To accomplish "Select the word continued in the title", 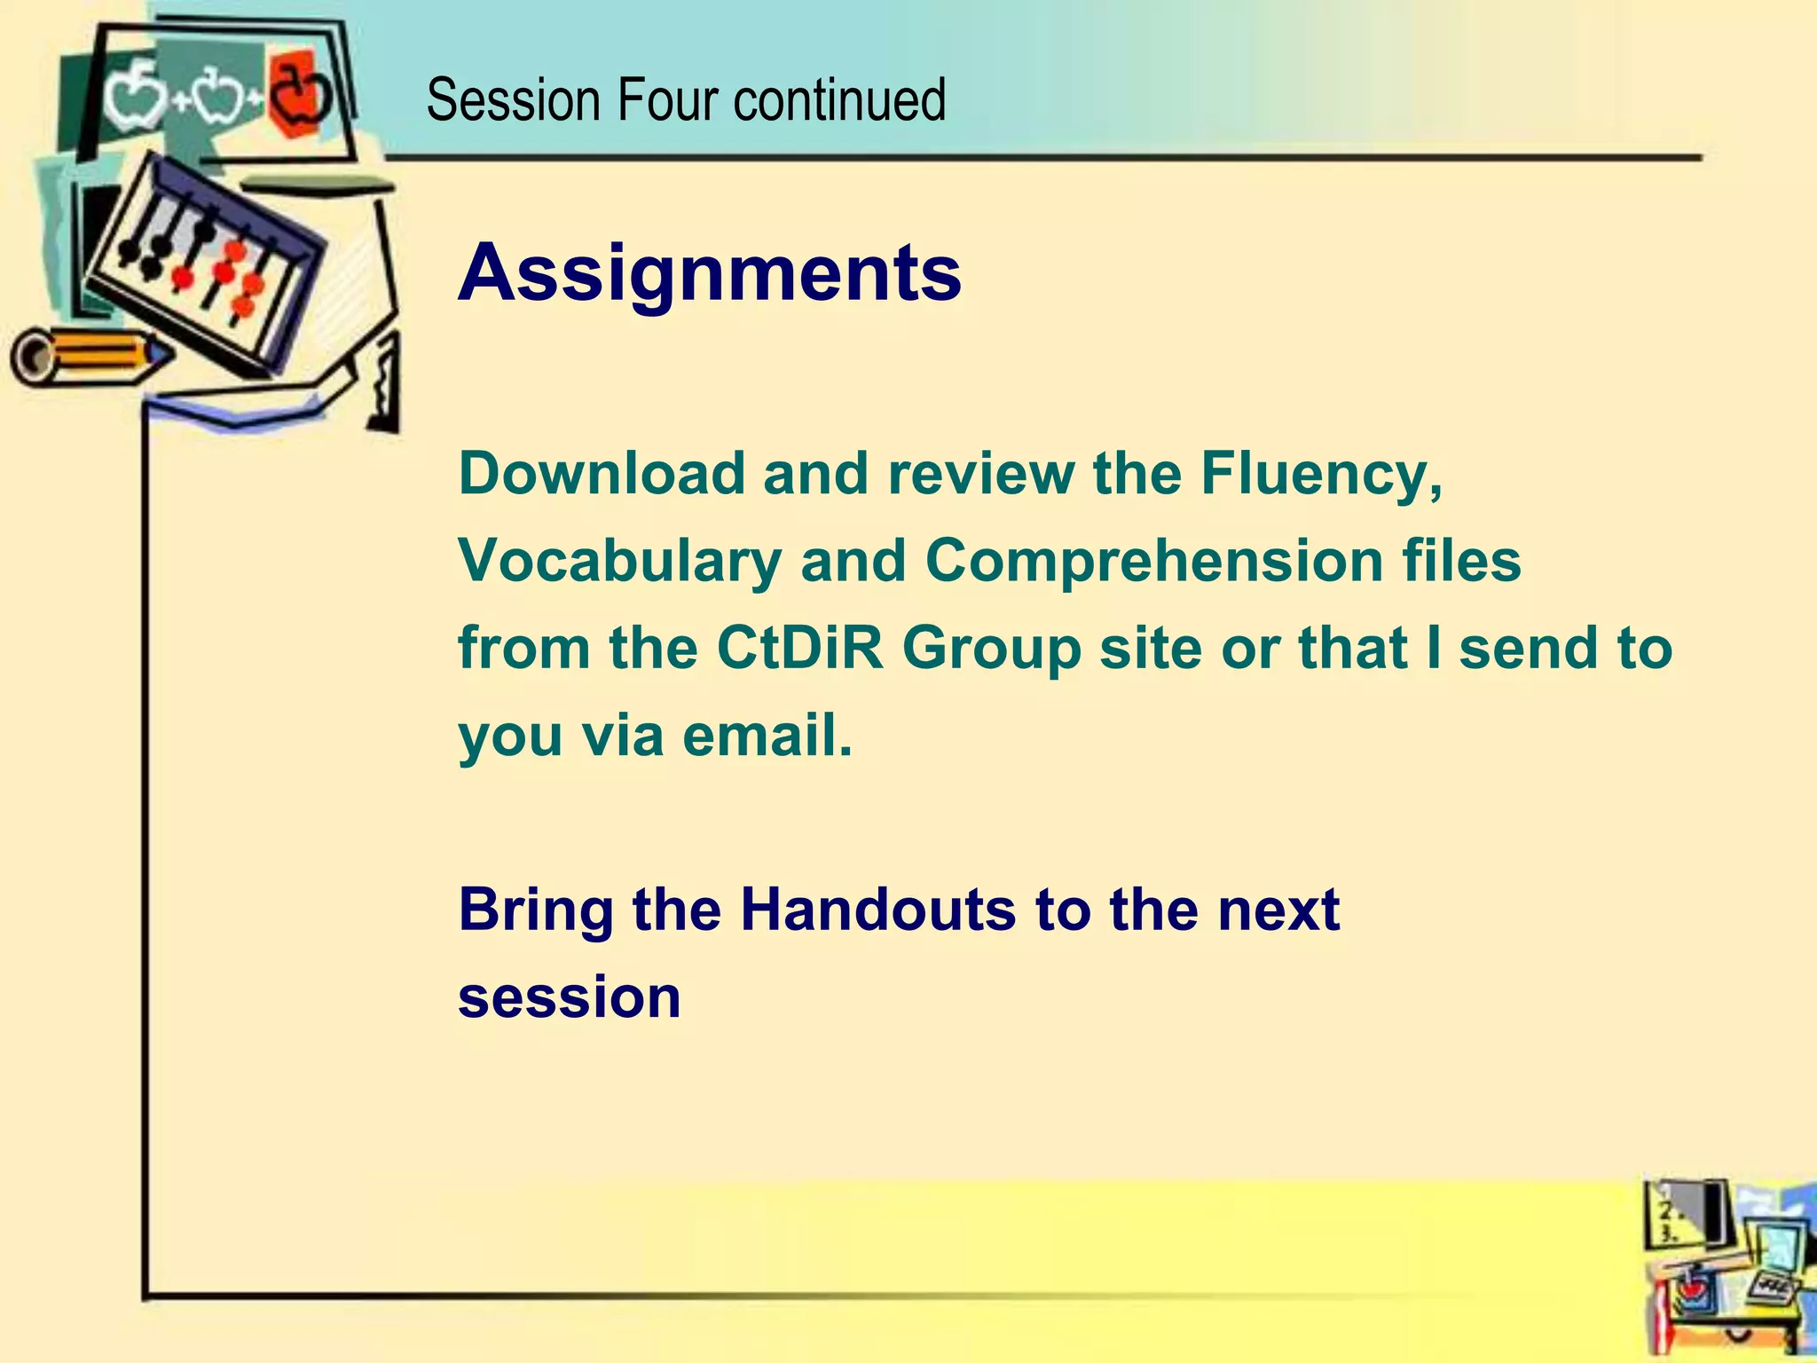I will click(839, 99).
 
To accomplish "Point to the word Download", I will click(601, 473).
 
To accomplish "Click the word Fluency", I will click(1320, 475).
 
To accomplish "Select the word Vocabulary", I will click(619, 561).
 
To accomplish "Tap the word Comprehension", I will click(1153, 561).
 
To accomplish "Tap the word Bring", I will click(535, 911).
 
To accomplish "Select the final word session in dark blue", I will click(569, 997).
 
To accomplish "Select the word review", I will click(981, 473).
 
